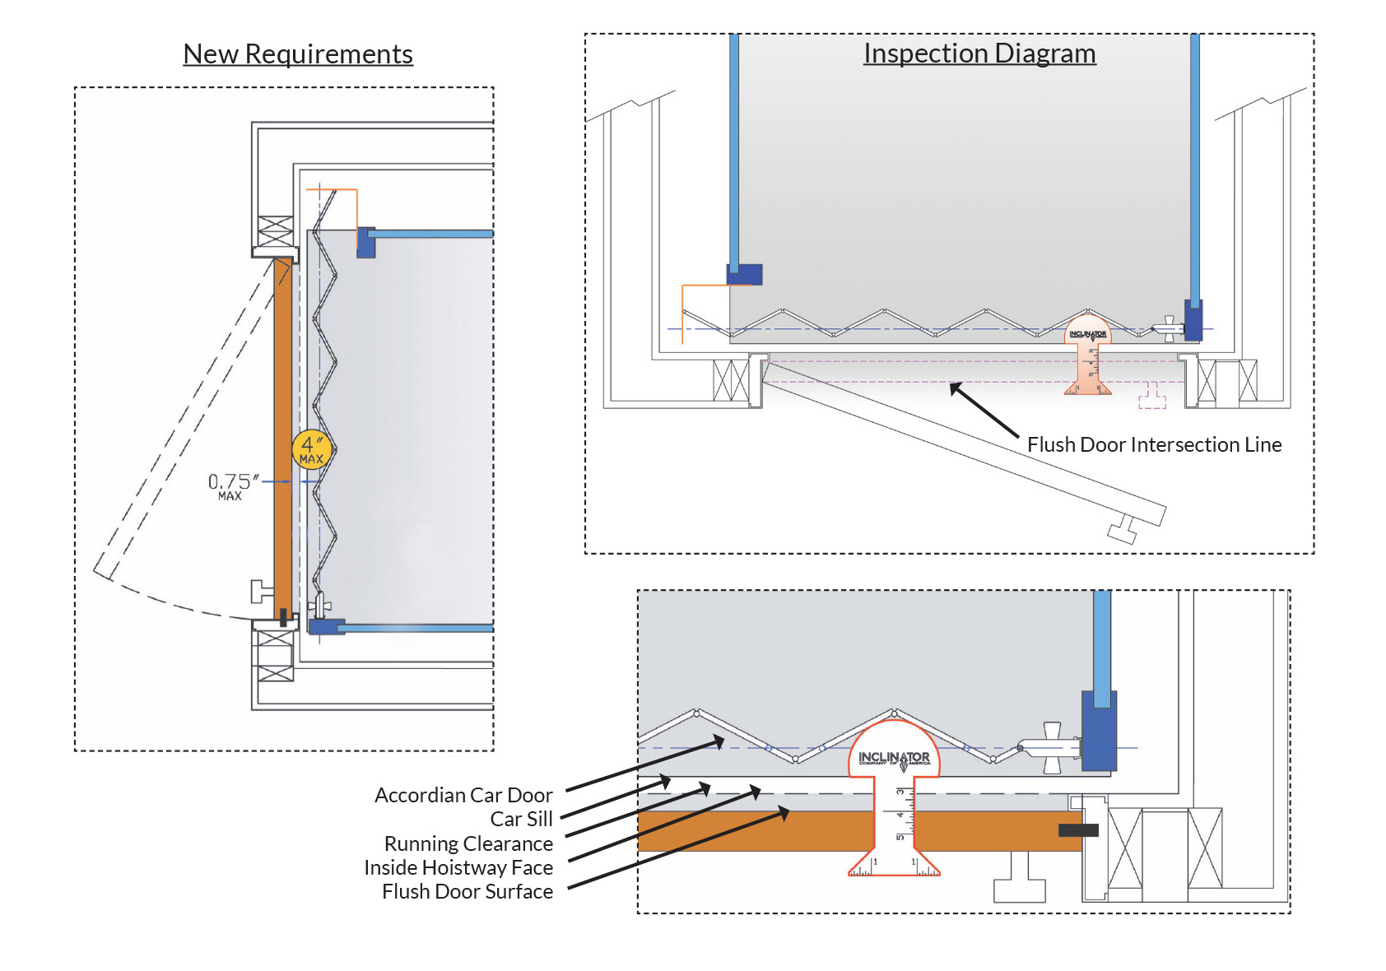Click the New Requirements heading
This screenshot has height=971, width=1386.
click(x=297, y=54)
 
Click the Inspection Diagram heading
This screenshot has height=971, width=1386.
click(x=979, y=53)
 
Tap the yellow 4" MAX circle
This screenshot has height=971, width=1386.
click(x=311, y=450)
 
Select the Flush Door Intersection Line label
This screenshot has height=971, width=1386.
click(x=1154, y=445)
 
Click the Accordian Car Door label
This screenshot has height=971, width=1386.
click(x=463, y=796)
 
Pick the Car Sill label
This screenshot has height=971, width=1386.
click(x=521, y=820)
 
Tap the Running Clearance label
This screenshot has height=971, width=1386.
click(x=468, y=844)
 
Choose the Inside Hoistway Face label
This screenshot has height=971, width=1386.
click(x=458, y=868)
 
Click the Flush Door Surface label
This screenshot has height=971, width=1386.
click(x=467, y=892)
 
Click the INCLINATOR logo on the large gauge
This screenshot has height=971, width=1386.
click(x=894, y=758)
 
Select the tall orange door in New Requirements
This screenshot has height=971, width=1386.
click(x=282, y=436)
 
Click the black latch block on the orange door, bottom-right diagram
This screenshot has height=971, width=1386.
click(x=1078, y=830)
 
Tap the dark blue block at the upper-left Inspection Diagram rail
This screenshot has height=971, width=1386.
click(x=744, y=274)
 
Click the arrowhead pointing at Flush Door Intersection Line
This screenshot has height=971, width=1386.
click(x=955, y=388)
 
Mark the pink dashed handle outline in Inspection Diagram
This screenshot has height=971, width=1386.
click(x=1152, y=397)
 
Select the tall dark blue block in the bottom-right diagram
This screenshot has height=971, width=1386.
click(x=1099, y=730)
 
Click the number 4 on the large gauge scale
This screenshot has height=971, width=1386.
click(x=900, y=814)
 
